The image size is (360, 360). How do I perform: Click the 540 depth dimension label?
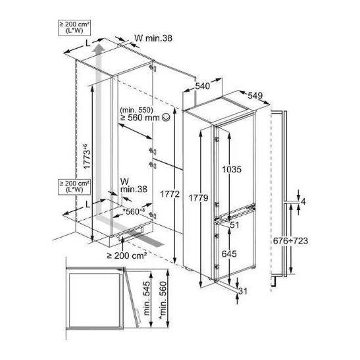tap(203, 86)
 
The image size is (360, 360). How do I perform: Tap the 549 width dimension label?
tap(255, 95)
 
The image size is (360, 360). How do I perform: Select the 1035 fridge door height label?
tap(232, 169)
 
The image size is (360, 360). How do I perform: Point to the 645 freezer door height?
tap(229, 254)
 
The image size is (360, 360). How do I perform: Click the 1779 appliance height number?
tap(198, 198)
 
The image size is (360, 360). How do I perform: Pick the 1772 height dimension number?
tap(170, 194)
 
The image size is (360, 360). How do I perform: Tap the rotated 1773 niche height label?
tap(88, 157)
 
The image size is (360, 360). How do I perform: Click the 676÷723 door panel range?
tap(290, 241)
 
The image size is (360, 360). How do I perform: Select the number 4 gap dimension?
tap(303, 202)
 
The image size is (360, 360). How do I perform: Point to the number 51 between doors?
tap(235, 225)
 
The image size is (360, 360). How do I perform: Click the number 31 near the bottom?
tap(243, 291)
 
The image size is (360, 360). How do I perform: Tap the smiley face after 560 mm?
tap(166, 118)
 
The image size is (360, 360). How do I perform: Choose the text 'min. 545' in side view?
tap(147, 298)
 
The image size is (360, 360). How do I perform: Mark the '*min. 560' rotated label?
tap(163, 300)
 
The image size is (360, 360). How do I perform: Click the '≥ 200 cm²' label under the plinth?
tap(127, 255)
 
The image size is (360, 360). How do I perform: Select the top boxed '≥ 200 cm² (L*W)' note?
tap(74, 28)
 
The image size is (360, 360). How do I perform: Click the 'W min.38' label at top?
tap(153, 38)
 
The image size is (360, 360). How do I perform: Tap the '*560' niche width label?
tap(134, 211)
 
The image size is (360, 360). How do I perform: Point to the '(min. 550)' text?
tap(136, 110)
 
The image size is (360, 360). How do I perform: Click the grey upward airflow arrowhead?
tap(99, 49)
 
